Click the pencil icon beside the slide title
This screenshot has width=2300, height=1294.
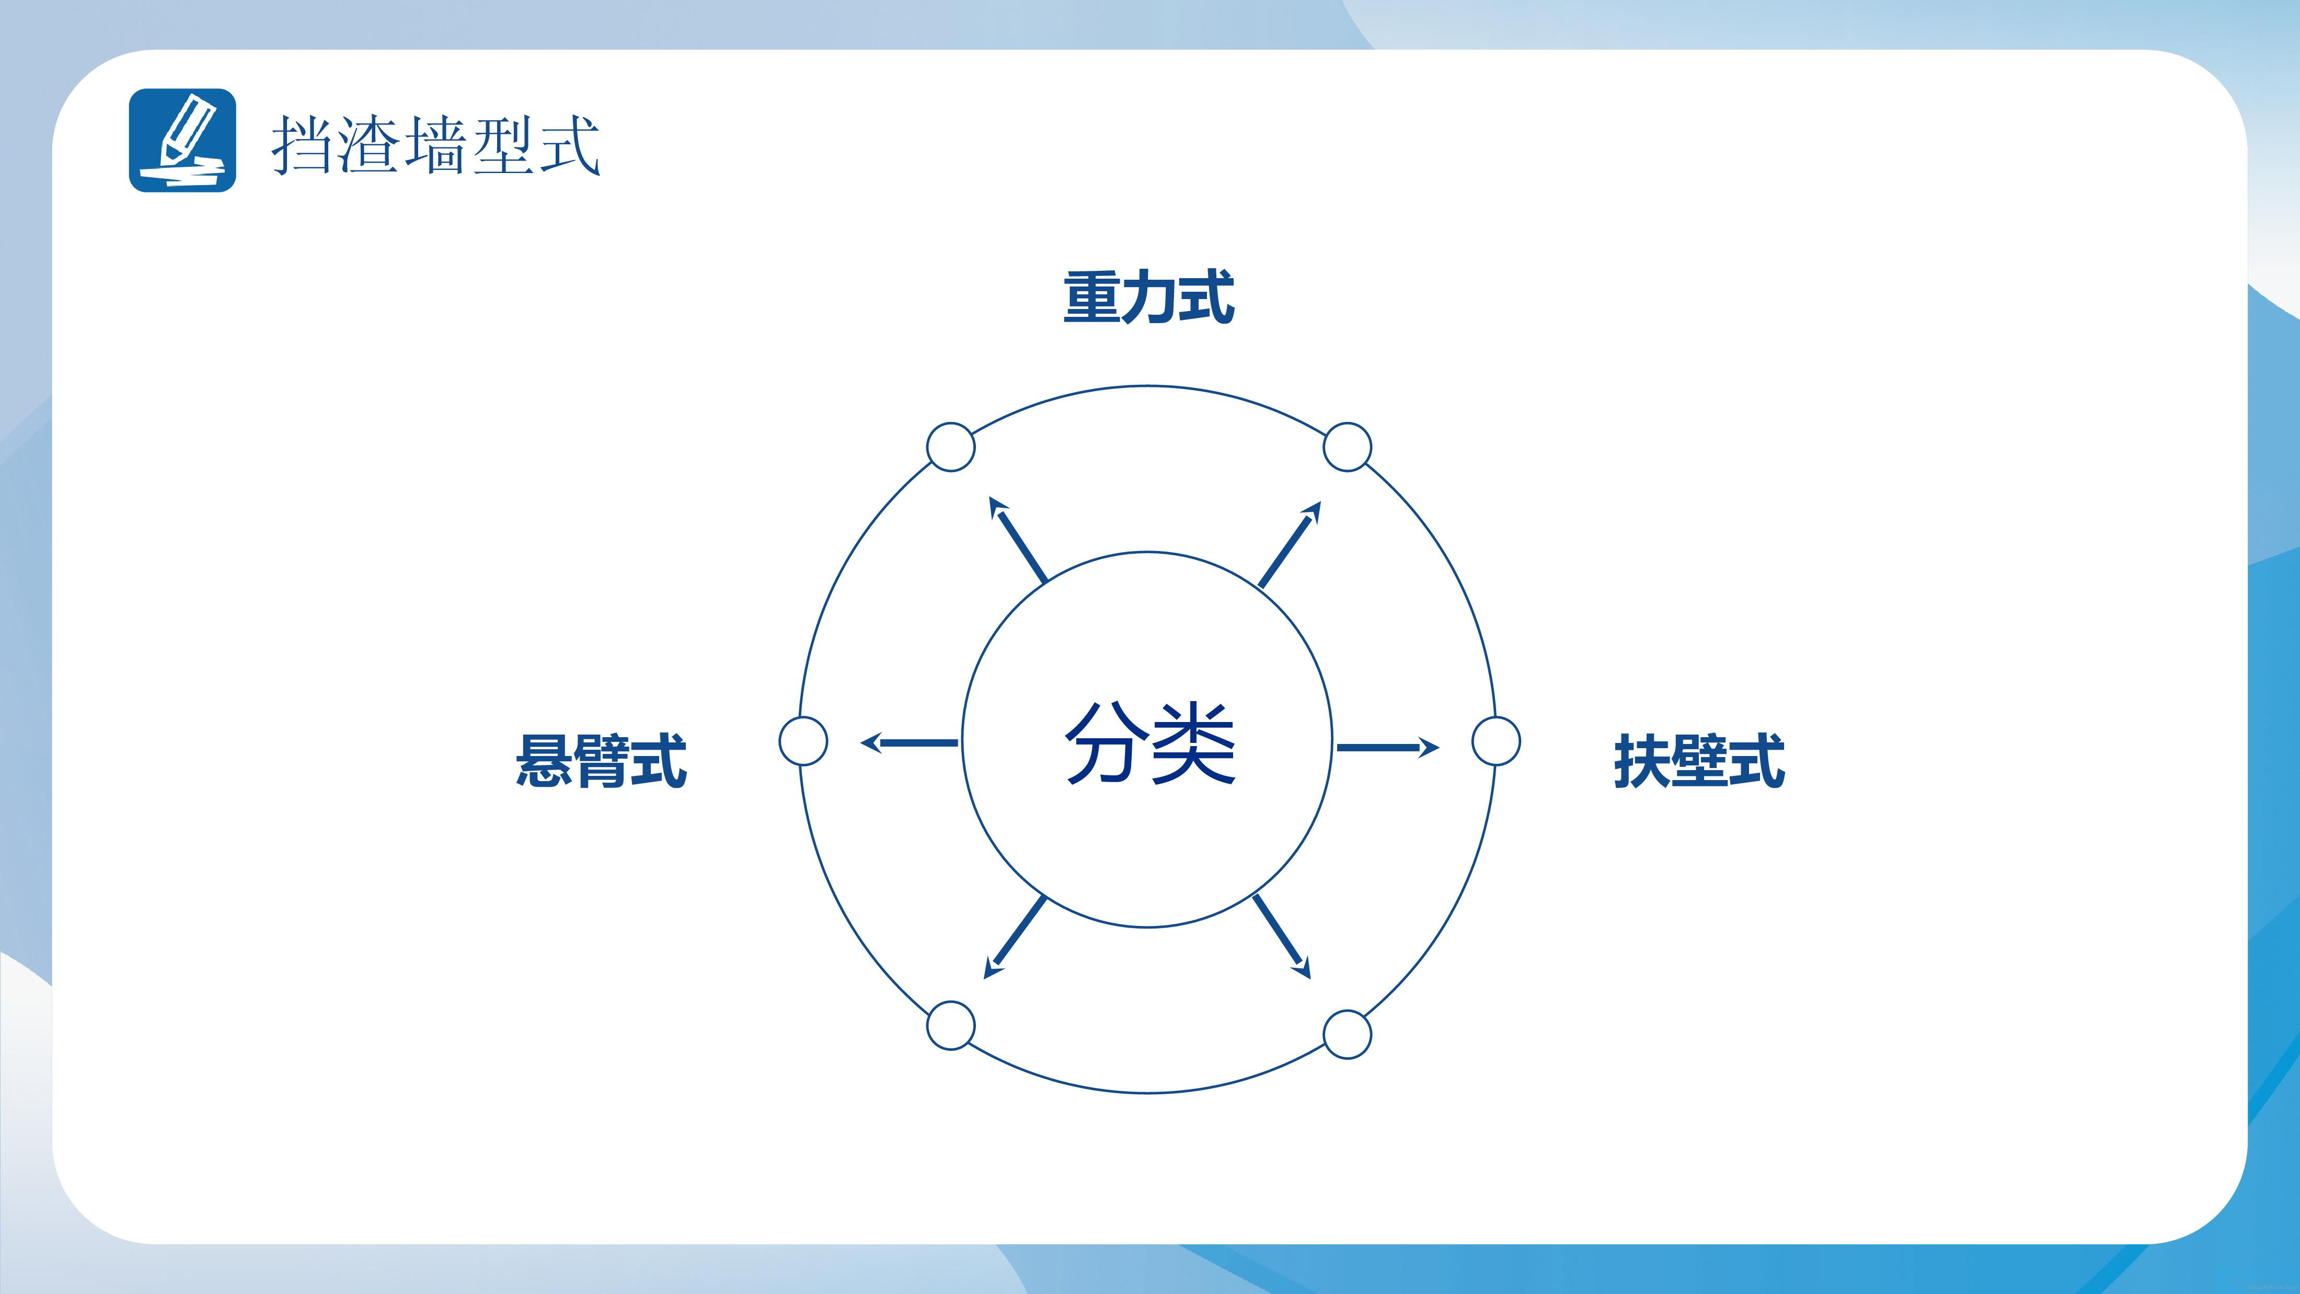coord(182,140)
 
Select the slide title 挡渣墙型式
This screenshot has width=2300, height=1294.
coord(436,145)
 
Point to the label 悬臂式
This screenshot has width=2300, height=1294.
coord(601,761)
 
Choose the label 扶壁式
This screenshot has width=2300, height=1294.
coord(1699,761)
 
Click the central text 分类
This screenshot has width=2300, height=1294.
coord(1150,743)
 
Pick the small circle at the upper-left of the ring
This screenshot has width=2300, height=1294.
coord(951,446)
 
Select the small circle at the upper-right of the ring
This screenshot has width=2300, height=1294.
coord(1347,446)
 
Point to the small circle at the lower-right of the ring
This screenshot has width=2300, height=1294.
coord(1347,1034)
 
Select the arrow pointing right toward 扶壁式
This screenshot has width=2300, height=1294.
coord(1387,748)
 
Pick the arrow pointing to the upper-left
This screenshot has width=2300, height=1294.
coord(1017,540)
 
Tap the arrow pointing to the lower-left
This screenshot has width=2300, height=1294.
coord(1014,937)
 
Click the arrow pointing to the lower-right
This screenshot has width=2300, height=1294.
coord(1282,937)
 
